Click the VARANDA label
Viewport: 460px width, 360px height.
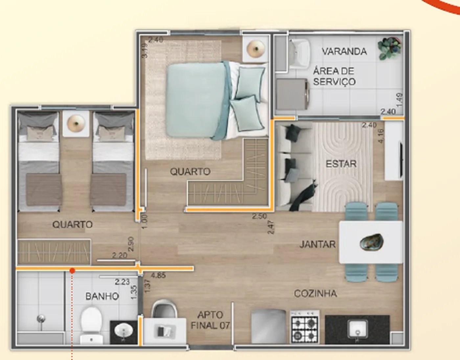pyautogui.click(x=344, y=51)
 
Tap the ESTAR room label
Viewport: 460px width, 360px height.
pyautogui.click(x=341, y=164)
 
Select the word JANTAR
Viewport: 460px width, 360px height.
pyautogui.click(x=317, y=244)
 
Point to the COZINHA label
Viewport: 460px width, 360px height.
pyautogui.click(x=315, y=293)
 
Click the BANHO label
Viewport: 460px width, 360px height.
pyautogui.click(x=102, y=296)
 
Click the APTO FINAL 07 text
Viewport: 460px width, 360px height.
pyautogui.click(x=210, y=320)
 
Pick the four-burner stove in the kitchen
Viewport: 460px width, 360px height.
pyautogui.click(x=305, y=327)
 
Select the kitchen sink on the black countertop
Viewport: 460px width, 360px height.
pyautogui.click(x=357, y=329)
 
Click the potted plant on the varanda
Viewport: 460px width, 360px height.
pyautogui.click(x=389, y=48)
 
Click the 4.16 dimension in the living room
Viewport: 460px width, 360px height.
pyautogui.click(x=380, y=136)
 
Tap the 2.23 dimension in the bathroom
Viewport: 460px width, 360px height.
pyautogui.click(x=122, y=282)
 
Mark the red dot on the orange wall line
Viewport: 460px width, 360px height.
pyautogui.click(x=72, y=271)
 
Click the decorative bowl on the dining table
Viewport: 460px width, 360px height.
pyautogui.click(x=372, y=242)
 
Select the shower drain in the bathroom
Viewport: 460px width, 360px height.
pyautogui.click(x=41, y=318)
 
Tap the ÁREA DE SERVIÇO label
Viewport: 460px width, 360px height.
pyautogui.click(x=334, y=76)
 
